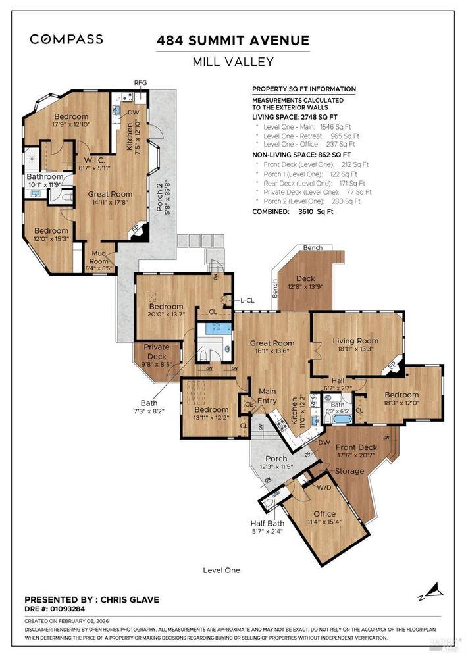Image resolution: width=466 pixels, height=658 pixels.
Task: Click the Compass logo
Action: [x=66, y=39]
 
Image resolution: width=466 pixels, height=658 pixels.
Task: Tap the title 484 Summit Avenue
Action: [x=233, y=41]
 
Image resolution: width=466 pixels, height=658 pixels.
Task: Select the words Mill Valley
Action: [x=233, y=63]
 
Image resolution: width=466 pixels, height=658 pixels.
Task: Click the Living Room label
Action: [x=355, y=340]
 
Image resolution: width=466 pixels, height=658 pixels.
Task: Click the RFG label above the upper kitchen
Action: [x=140, y=83]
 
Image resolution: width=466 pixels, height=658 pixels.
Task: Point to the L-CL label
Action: [x=247, y=300]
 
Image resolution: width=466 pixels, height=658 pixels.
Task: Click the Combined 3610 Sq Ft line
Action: [x=293, y=212]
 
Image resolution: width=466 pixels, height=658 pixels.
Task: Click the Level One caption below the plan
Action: [x=221, y=570]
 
